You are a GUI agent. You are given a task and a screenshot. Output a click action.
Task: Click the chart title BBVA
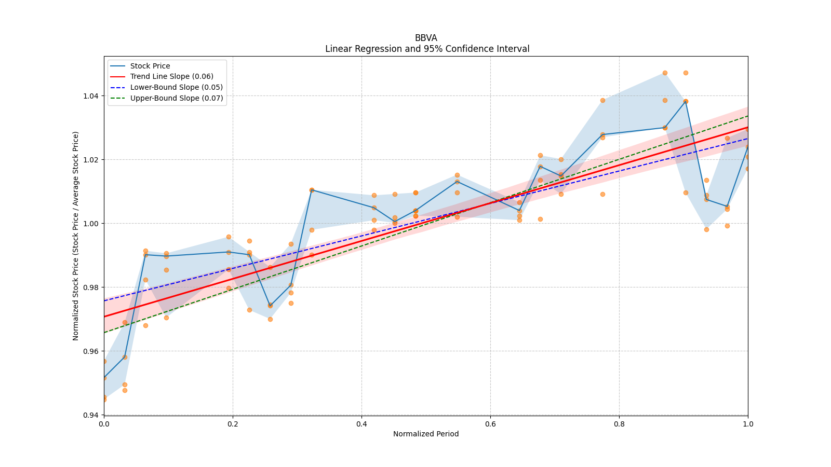426,38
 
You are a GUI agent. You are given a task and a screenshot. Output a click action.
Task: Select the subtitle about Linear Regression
427,49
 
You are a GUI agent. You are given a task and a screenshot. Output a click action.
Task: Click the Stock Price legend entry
150,66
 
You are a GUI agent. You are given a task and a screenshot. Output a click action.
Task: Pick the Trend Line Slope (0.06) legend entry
171,76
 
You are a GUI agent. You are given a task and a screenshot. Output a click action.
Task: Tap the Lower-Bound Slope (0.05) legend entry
176,87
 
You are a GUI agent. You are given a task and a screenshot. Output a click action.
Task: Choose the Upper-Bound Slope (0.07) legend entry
177,98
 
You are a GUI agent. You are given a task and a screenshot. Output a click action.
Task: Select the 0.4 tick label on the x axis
361,423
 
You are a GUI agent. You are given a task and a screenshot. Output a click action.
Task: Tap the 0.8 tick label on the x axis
619,423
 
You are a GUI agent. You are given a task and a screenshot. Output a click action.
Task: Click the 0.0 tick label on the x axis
104,423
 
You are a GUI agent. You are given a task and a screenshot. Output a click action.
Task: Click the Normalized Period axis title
426,434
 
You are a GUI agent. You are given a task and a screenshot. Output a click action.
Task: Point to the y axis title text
76,236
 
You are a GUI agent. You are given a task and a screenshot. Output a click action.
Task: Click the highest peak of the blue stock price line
686,101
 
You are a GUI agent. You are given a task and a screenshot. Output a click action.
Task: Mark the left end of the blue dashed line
104,301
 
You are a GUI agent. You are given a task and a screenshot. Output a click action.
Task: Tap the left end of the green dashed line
104,333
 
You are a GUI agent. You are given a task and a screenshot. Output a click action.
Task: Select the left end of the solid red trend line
104,317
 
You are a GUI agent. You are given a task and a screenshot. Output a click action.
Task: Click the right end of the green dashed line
747,116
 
